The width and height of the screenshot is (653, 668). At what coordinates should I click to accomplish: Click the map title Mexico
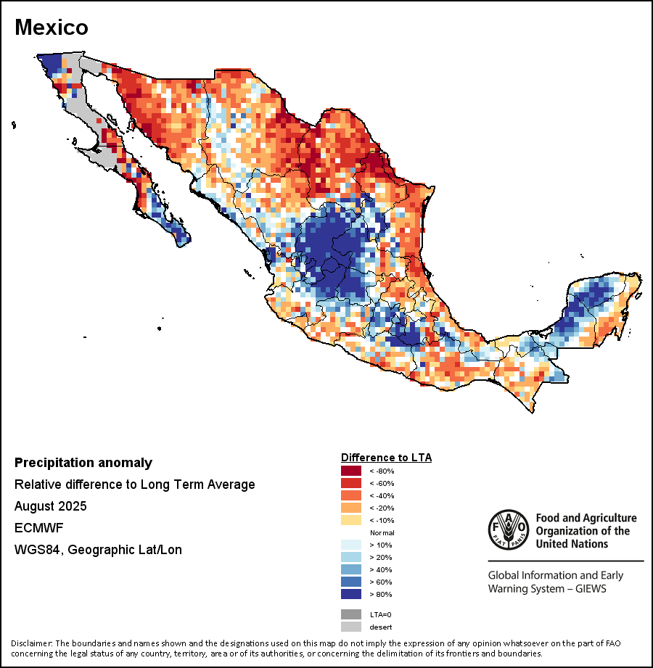point(52,28)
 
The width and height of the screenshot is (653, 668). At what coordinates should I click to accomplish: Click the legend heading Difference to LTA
point(386,458)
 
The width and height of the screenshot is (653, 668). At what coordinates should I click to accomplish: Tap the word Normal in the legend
point(382,533)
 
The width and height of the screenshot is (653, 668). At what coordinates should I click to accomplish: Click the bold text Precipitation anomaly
point(83,463)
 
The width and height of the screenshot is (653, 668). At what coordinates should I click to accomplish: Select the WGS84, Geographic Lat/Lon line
point(98,550)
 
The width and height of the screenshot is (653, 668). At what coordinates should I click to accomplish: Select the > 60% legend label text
point(381,582)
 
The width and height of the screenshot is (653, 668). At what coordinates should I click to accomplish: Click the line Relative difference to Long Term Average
point(134,484)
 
